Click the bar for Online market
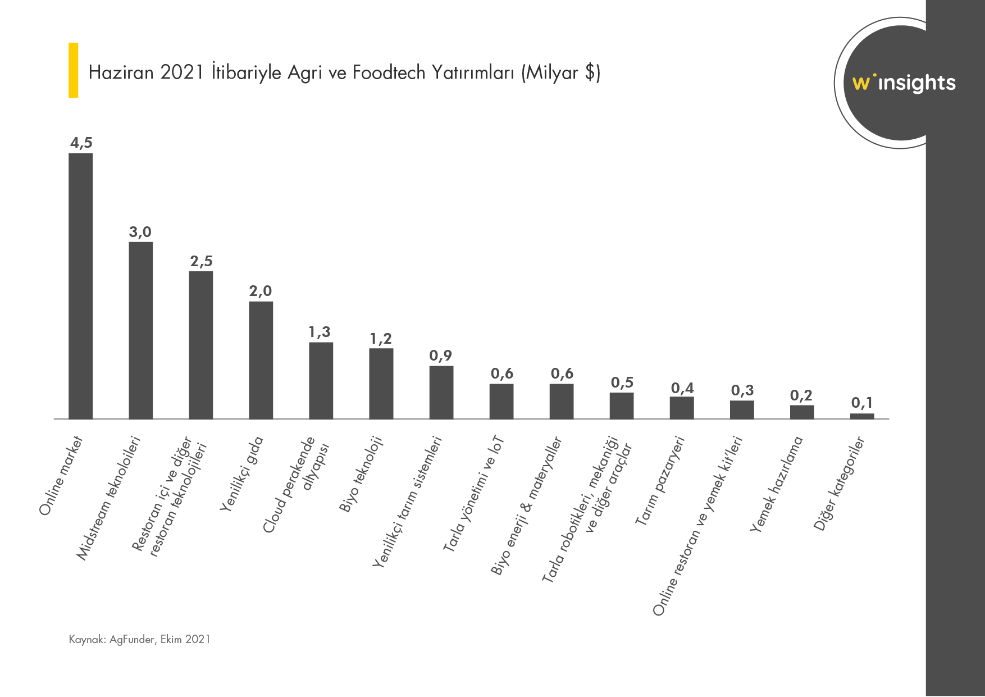pos(81,286)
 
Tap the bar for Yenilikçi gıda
pos(261,360)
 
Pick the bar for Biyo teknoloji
pos(381,384)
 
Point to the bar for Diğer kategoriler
pos(862,416)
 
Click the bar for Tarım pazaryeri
pos(682,408)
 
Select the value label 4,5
pos(81,143)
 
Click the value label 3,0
pos(140,232)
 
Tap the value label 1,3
pos(320,332)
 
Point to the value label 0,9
pos(441,356)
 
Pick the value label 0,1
pos(862,403)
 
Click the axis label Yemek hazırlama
pos(776,484)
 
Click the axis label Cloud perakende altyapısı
pos(295,484)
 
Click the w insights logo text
pos(904,83)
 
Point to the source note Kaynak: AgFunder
pos(139,639)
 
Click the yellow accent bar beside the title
pos(73,70)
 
